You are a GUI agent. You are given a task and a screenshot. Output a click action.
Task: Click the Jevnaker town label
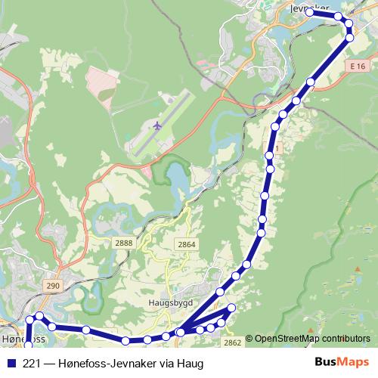click(314, 6)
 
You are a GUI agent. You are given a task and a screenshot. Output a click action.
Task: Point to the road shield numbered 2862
click(233, 342)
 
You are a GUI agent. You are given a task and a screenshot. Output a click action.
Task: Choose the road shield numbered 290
click(52, 285)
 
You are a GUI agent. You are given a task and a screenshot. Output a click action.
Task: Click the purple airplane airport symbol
click(157, 125)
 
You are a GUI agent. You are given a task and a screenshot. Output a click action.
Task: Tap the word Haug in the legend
click(191, 364)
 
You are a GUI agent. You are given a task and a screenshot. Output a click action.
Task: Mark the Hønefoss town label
click(19, 340)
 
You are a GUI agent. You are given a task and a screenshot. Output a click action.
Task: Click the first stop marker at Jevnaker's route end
click(310, 13)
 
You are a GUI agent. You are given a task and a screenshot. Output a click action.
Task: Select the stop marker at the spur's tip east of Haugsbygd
click(232, 307)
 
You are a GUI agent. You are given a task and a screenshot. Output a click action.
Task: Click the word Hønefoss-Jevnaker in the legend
click(102, 363)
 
